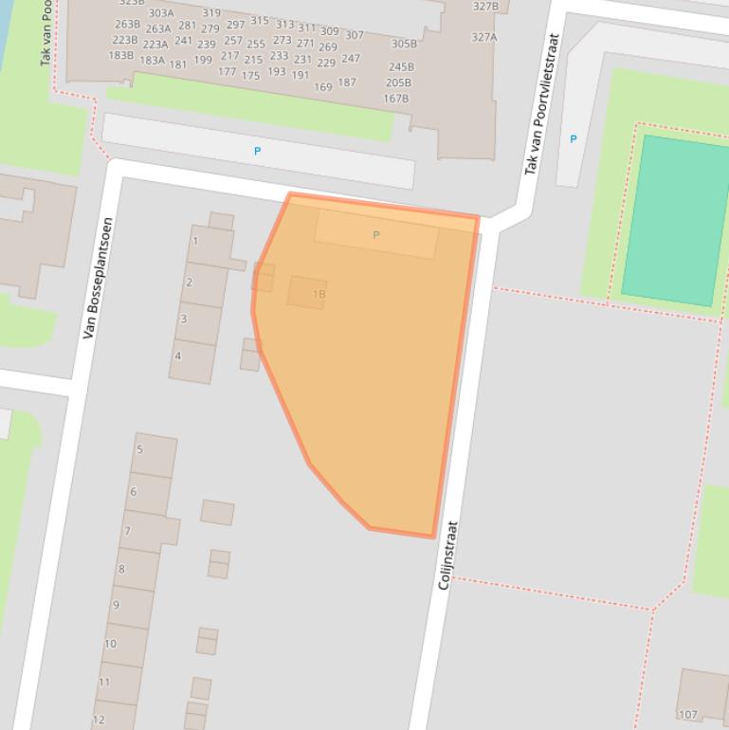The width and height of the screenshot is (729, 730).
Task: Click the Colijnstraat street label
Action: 448,556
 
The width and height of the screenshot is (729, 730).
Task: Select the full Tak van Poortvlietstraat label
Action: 542,104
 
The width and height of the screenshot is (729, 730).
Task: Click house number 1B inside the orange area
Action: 318,295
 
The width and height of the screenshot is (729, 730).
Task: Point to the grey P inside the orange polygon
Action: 376,235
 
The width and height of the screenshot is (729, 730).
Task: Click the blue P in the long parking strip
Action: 257,151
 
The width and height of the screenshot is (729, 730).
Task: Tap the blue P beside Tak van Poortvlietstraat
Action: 573,139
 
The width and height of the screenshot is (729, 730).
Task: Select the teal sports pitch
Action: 675,220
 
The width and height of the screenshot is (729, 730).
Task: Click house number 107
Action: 687,715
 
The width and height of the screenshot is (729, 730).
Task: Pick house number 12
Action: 99,720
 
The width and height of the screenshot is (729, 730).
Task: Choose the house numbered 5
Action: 139,449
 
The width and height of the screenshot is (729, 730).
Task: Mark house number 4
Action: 177,356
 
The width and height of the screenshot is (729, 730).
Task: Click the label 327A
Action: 484,38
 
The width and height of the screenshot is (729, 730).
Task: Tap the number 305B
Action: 404,44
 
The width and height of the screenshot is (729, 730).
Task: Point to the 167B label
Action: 396,99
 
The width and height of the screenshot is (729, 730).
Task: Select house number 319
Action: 210,13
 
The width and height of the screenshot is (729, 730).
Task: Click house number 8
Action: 121,570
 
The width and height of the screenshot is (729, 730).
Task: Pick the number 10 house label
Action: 110,644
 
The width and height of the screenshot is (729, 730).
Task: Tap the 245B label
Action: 401,67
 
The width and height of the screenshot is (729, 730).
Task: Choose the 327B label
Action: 485,7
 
